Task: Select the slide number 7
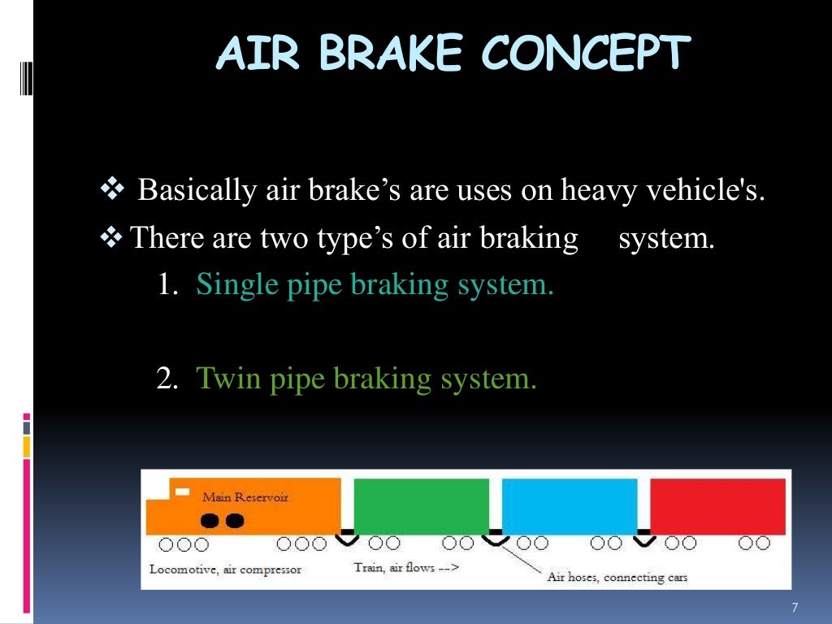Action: pos(794,608)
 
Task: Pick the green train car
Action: pos(421,505)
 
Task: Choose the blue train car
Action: pos(569,505)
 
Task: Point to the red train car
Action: pos(717,505)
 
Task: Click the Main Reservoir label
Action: pos(245,496)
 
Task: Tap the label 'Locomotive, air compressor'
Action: pos(225,569)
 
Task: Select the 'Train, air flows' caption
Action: pos(405,567)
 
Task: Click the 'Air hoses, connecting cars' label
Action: pos(617,577)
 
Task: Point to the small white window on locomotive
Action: pos(183,492)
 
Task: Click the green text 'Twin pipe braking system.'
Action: pos(366,379)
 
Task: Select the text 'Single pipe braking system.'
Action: pos(375,284)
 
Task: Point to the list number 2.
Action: pos(167,379)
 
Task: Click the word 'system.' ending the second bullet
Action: pos(666,238)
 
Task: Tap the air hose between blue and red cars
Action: pos(643,537)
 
